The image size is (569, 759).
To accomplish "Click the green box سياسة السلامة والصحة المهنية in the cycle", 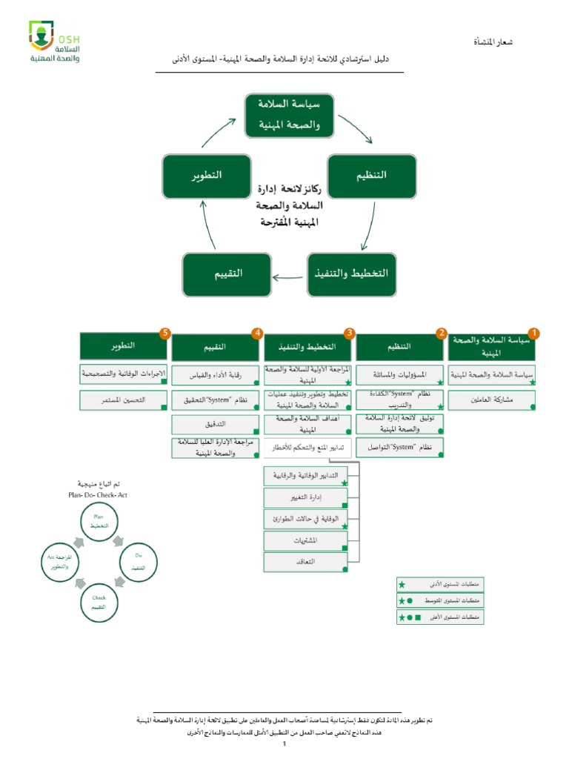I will coord(290,115).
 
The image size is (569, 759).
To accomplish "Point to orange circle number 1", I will coord(533,334).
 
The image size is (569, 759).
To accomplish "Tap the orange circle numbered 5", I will coord(165,334).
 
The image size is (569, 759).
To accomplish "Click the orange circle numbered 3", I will coord(349,334).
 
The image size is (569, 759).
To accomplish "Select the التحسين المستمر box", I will coord(123,400).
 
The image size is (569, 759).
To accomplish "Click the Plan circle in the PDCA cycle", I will coord(99,520).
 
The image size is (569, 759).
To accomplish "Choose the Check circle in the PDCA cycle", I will coord(99,601).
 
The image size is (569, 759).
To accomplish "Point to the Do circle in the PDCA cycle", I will coord(138,561).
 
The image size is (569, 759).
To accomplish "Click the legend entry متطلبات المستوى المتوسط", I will coord(439,600).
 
